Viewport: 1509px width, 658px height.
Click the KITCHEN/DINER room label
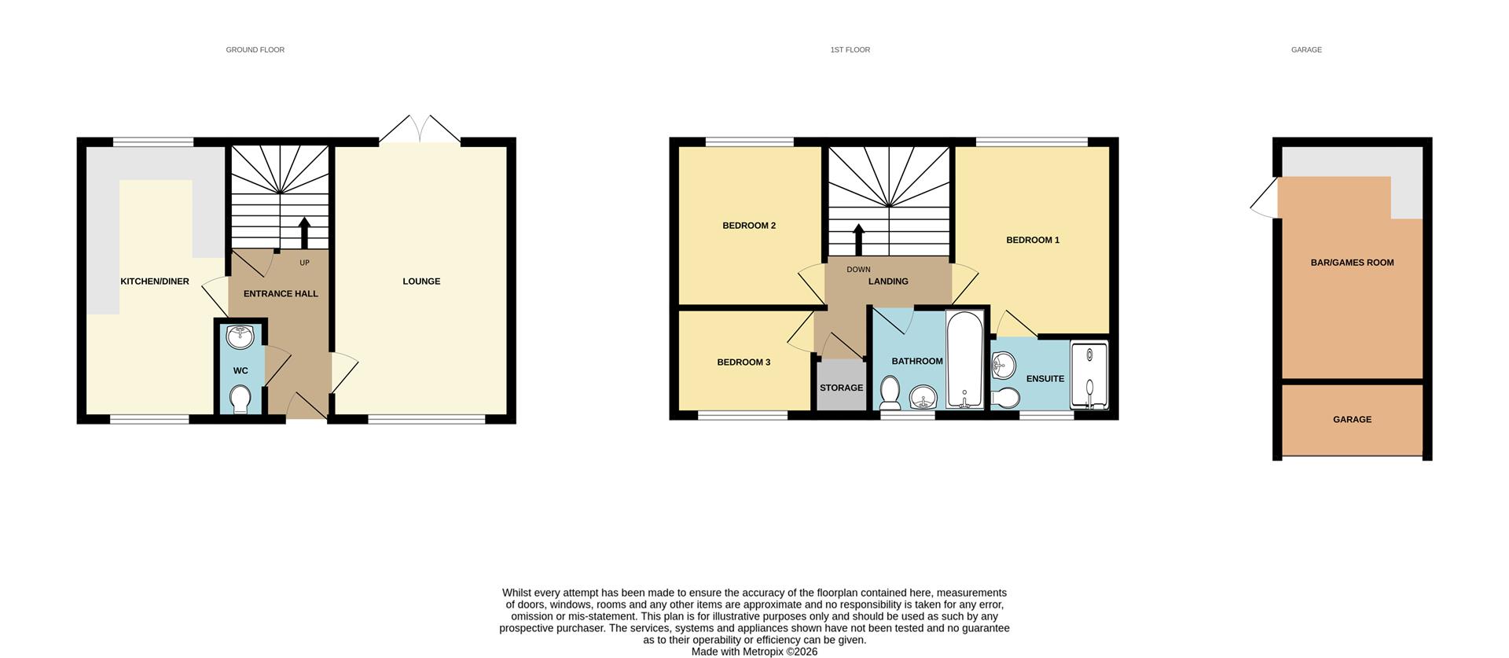pos(154,281)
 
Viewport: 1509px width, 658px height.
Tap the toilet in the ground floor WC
pos(240,399)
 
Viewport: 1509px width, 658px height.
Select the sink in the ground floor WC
pos(240,337)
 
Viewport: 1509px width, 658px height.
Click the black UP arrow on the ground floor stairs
pos(304,233)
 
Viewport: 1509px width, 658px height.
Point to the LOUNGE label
pos(421,281)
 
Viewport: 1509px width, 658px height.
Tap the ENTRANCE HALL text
pos(281,294)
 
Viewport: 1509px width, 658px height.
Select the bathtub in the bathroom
pos(964,359)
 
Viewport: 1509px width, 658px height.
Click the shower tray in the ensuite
pos(1089,375)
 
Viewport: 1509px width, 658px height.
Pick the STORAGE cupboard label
pos(841,388)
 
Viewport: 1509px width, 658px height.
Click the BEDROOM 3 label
pos(743,362)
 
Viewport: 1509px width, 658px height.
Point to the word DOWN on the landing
pos(858,270)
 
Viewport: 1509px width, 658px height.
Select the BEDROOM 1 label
pos(1033,241)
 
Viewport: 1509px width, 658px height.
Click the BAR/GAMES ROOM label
pos(1352,263)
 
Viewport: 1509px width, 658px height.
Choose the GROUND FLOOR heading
pos(255,50)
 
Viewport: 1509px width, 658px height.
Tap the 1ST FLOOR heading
pos(850,50)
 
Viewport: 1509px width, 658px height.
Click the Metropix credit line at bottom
pos(754,652)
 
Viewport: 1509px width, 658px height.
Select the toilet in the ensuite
pos(1004,395)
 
